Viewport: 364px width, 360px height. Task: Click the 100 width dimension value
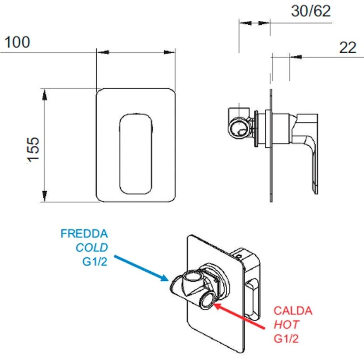17,42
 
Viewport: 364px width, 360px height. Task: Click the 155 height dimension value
33,149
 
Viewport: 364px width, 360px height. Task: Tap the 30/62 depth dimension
311,11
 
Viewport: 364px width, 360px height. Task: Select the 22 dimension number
348,48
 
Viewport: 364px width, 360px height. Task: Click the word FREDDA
84,234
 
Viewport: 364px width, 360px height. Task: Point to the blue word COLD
92,248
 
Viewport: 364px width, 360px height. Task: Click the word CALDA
293,311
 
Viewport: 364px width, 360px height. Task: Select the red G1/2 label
286,339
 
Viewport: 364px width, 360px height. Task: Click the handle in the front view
136,153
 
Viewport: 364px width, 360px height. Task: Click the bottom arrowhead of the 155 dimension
44,196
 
